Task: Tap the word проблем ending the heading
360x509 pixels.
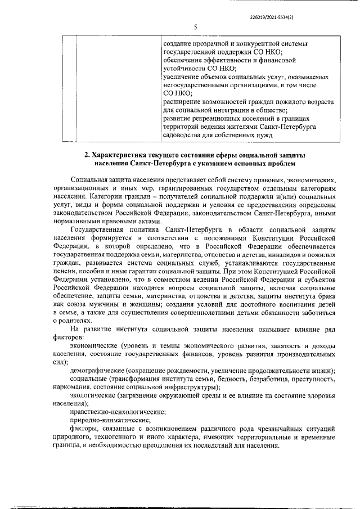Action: point(278,164)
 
